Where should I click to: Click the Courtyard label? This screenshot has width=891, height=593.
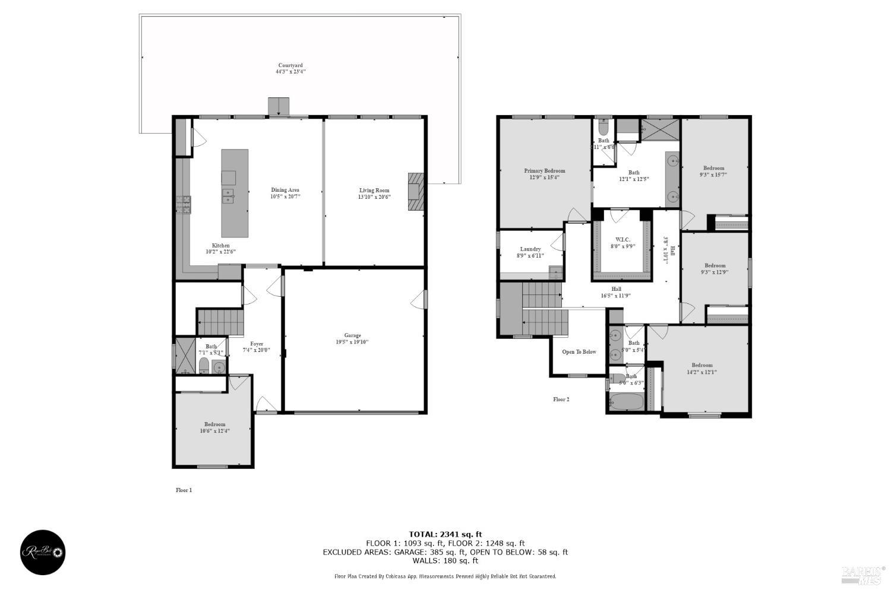(290, 68)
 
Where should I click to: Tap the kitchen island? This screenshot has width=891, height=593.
(235, 193)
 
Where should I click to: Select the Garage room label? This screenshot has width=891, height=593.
(353, 338)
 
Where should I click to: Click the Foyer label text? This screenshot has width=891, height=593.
(257, 347)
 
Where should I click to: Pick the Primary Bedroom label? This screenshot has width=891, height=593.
(544, 173)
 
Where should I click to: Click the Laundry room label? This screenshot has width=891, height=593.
(530, 252)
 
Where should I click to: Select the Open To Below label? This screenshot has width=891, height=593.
(579, 352)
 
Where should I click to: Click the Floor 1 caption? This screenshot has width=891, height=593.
(184, 490)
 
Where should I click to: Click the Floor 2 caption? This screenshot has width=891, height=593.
(561, 399)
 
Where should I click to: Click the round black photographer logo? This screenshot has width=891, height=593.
(43, 552)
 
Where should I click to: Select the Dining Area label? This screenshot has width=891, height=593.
(285, 193)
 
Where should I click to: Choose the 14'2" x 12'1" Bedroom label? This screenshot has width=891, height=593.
(702, 369)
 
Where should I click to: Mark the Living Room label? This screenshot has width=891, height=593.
(374, 194)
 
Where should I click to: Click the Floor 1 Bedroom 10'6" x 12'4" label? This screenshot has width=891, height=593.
(214, 427)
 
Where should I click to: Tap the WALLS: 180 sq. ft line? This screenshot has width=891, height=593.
(445, 560)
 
